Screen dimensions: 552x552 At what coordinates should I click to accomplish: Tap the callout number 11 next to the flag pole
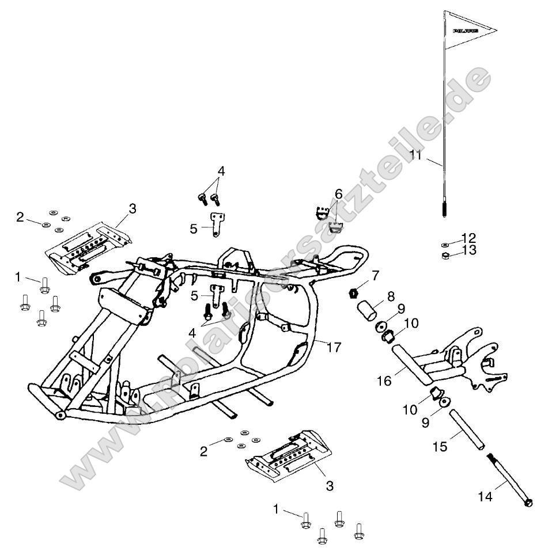(x=416, y=155)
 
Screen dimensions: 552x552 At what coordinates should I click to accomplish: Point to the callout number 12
(x=469, y=237)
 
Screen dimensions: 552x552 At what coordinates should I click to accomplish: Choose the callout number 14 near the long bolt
(x=485, y=496)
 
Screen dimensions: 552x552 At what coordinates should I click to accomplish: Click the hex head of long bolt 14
(x=528, y=503)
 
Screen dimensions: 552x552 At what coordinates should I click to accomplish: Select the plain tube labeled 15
(x=464, y=429)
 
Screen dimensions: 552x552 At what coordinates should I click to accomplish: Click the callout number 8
(x=391, y=296)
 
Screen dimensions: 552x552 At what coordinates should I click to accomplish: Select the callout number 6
(x=338, y=192)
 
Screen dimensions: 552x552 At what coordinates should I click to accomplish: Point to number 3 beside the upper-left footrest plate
(x=133, y=209)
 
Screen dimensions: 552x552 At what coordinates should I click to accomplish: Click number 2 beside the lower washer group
(x=203, y=451)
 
